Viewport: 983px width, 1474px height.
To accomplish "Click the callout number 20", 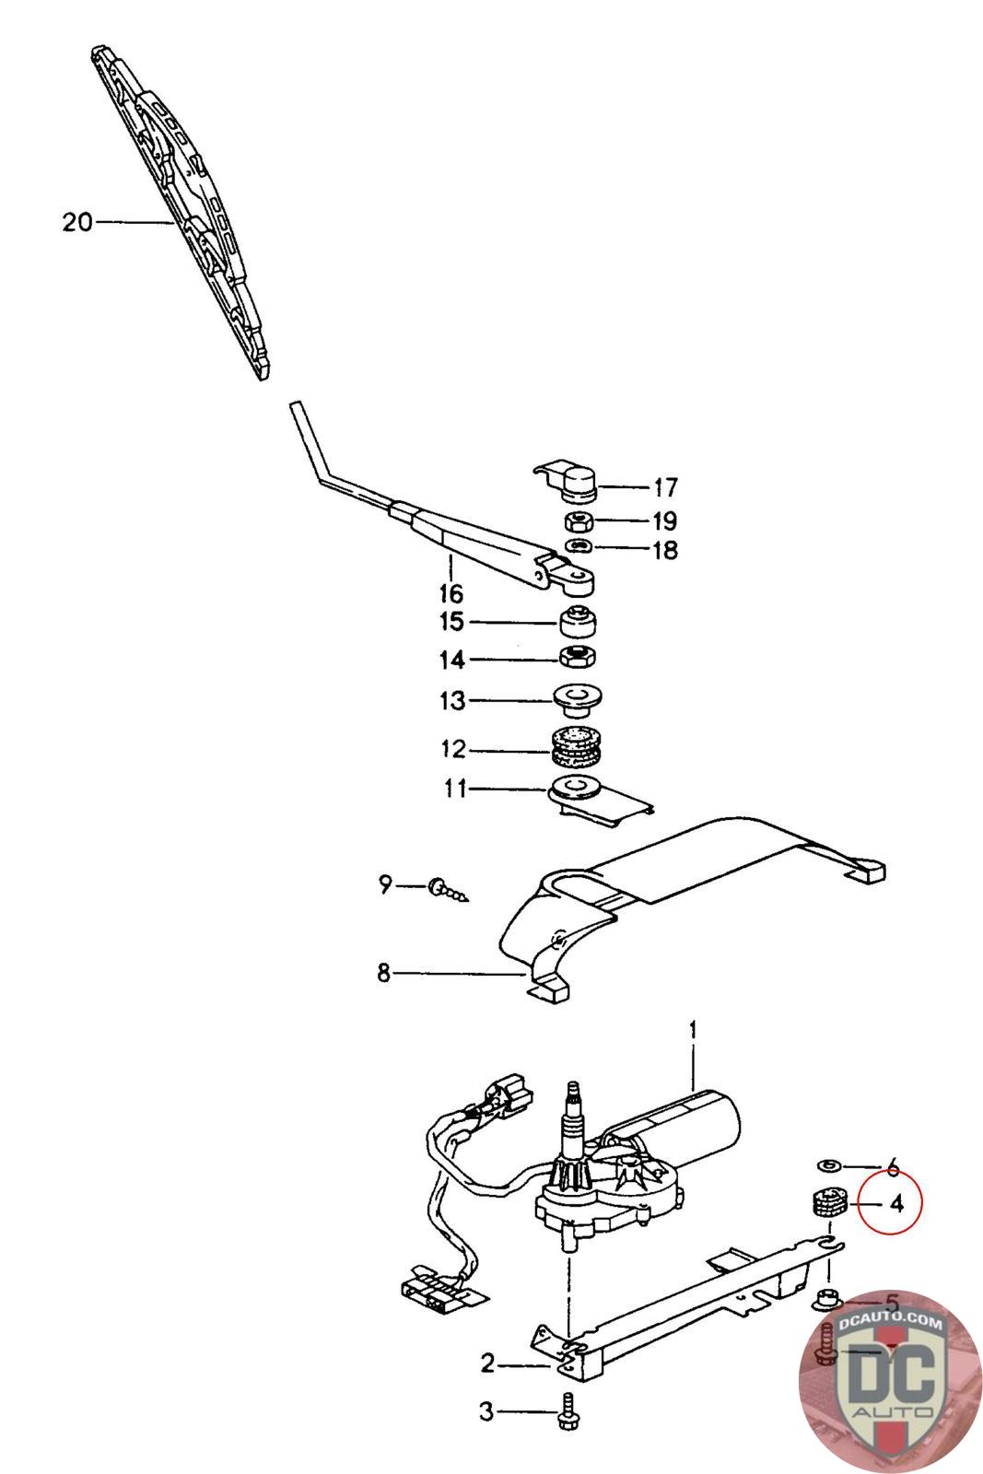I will [78, 222].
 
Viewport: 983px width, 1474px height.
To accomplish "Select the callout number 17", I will [664, 486].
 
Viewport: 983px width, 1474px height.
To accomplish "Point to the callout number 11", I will [456, 790].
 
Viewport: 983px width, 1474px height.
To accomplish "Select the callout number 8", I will [383, 972].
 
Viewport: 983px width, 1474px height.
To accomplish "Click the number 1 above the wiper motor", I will [694, 1028].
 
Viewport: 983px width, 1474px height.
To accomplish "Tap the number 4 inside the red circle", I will [896, 1203].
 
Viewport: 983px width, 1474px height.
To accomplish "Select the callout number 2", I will [487, 1363].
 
